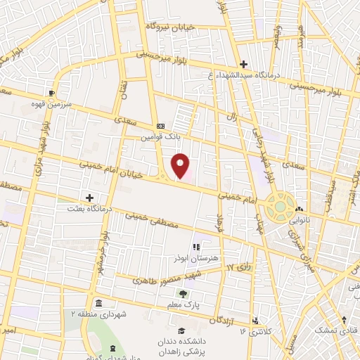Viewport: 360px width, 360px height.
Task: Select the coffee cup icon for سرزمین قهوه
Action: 51,92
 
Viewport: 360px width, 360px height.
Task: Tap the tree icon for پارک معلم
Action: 184,294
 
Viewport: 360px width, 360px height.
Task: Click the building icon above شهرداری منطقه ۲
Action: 98,303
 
